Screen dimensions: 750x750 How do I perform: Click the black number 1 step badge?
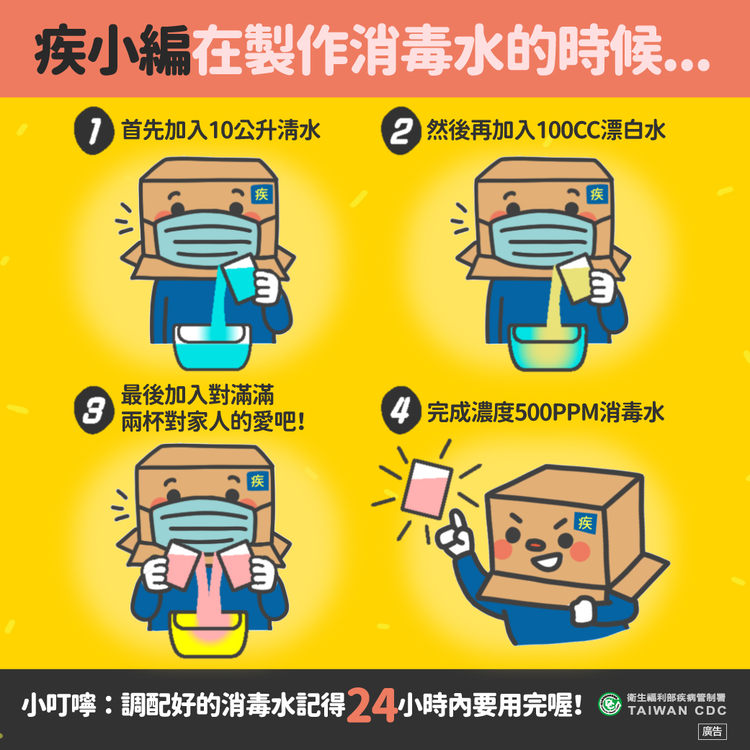94,130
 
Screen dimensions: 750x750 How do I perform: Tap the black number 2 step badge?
401,130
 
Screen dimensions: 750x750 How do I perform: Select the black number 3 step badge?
94,410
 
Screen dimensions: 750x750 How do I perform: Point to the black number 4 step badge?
401,410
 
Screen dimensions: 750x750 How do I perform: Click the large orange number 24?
372,705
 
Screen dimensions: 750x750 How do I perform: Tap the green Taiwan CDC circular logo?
610,704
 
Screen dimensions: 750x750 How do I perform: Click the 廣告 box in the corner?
713,731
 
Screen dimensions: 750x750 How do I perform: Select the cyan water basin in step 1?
213,347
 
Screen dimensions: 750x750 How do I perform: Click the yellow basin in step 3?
208,634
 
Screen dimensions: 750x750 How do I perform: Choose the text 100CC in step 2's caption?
568,130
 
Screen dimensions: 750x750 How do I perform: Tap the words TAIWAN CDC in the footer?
677,711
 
